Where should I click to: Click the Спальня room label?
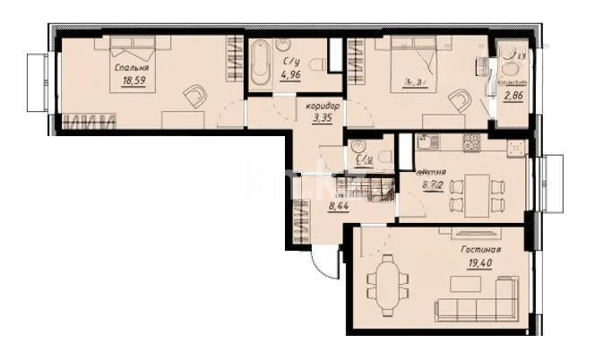coord(131,67)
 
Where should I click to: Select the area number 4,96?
coord(291,74)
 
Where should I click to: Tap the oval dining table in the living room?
coord(386,279)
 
